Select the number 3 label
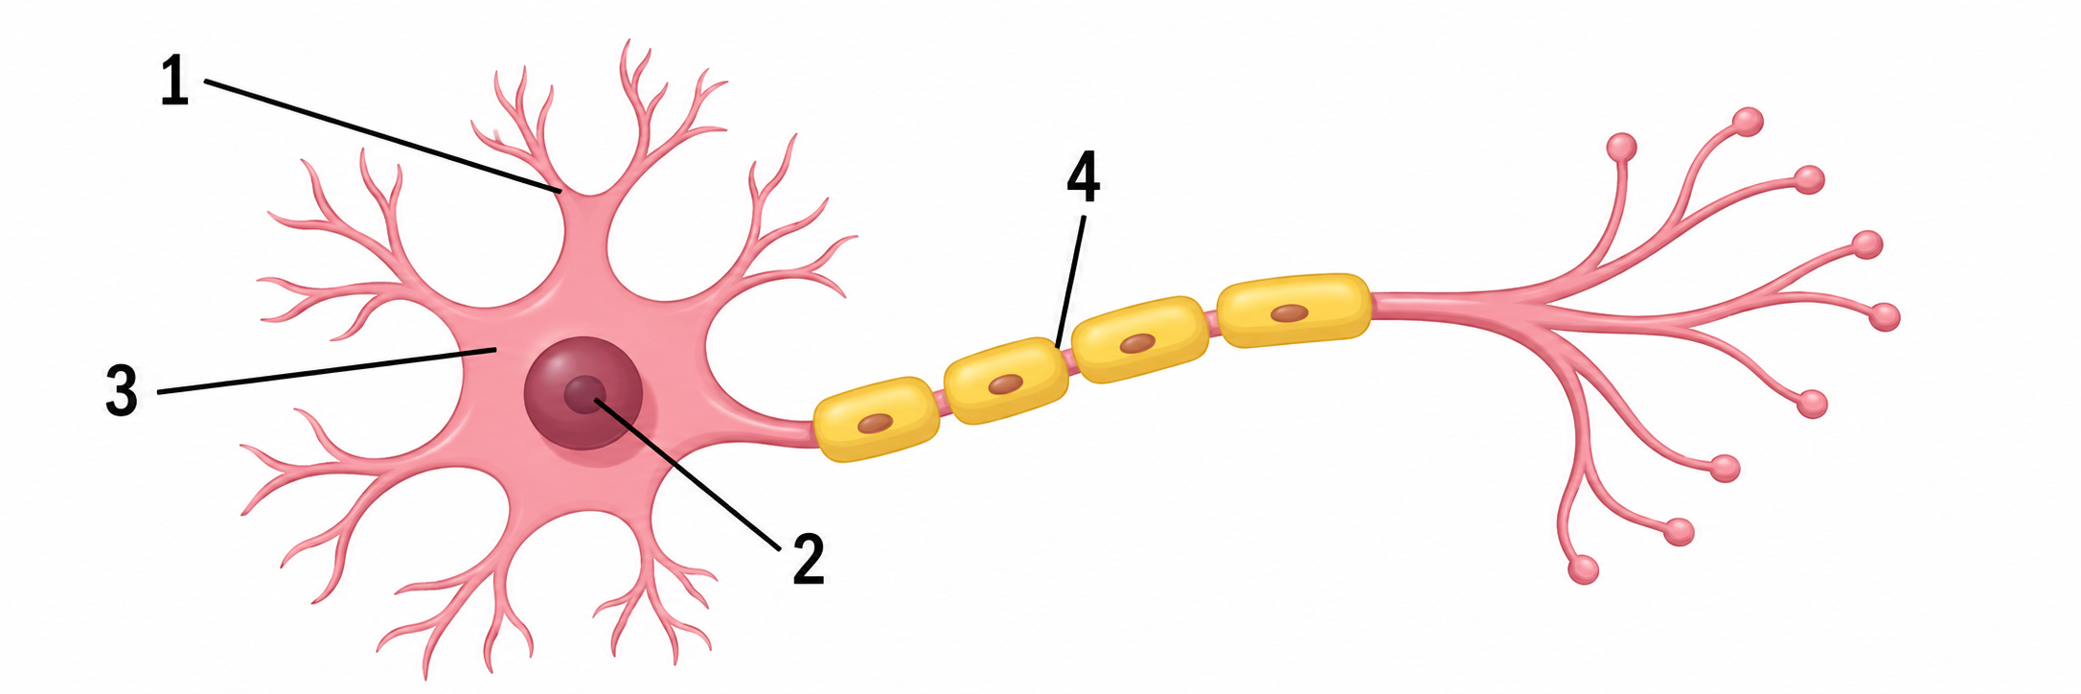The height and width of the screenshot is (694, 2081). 122,390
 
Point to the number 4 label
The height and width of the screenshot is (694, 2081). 1083,180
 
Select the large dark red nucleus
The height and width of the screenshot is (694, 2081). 583,393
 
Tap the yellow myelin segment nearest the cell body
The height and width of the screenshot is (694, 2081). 876,420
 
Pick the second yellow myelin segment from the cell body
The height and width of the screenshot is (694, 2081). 1006,381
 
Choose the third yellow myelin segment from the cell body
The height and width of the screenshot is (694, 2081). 1138,339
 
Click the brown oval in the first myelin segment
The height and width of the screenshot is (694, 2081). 874,423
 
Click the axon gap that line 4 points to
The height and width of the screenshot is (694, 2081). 1069,360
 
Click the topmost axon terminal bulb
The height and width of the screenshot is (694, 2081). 1748,122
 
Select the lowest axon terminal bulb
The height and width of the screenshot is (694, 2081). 1583,569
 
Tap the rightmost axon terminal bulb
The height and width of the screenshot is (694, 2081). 1884,316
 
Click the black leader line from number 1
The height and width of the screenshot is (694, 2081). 382,137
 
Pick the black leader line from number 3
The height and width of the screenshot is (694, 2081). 326,371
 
